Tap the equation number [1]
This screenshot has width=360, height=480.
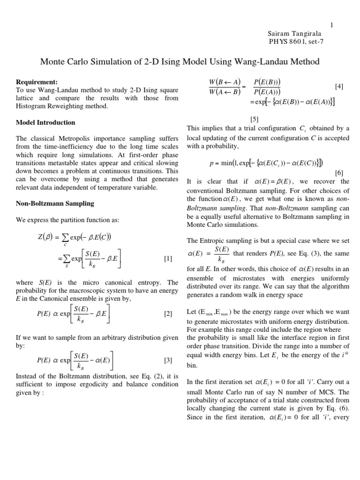tap(168, 259)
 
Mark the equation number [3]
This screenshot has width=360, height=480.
tap(168, 360)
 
